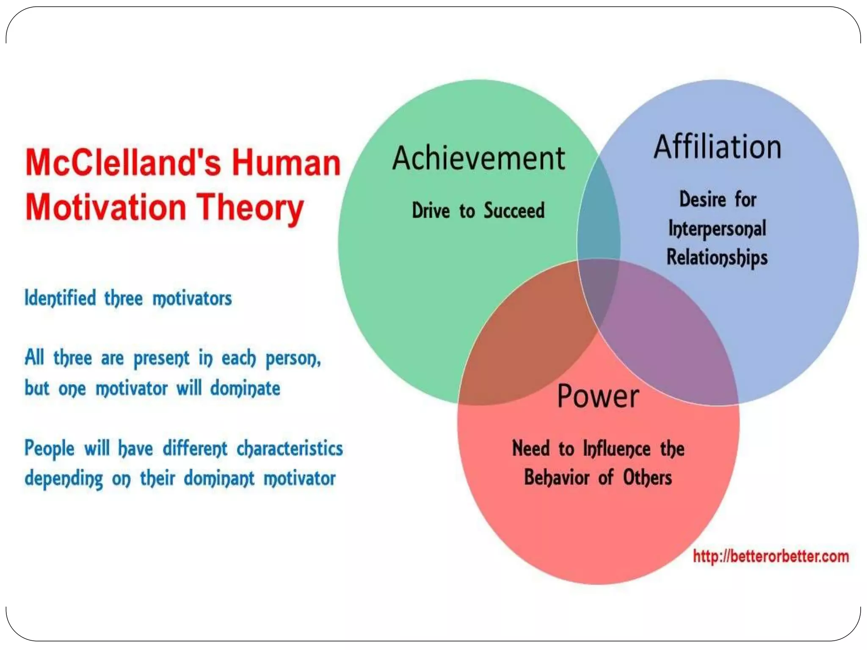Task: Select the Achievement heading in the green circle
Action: click(x=478, y=158)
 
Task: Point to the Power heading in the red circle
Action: click(x=598, y=397)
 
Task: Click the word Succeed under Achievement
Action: click(x=514, y=211)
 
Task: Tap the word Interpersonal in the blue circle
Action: click(x=717, y=229)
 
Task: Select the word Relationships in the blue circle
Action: click(x=717, y=258)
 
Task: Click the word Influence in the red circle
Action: click(x=616, y=449)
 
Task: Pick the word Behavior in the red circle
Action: click(x=557, y=478)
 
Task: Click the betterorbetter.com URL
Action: click(x=770, y=556)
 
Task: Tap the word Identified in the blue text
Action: click(x=60, y=298)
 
